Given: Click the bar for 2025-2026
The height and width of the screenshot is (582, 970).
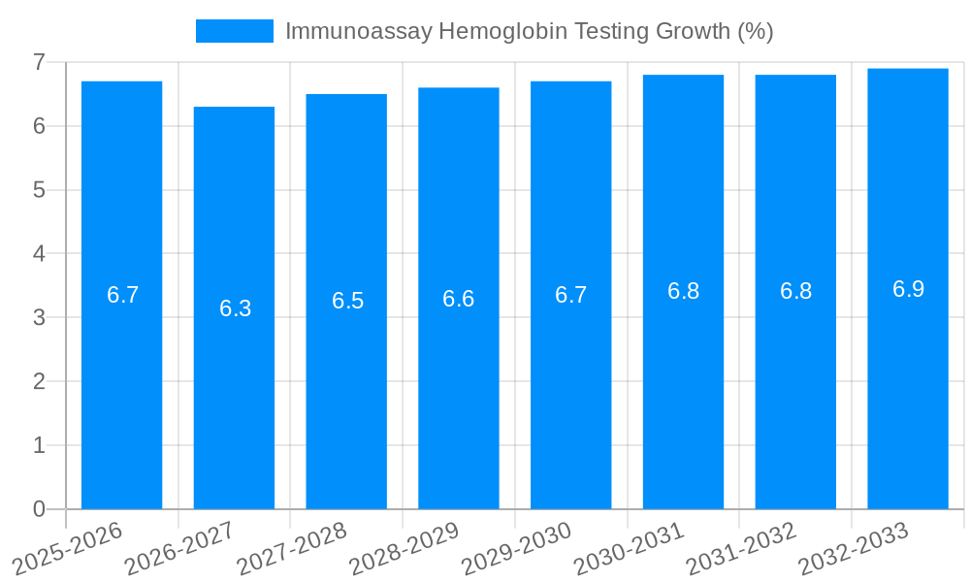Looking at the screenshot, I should coord(121,388).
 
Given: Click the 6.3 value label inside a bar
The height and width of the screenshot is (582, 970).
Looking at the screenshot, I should coord(235,308).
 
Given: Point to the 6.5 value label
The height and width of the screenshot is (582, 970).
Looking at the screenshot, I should coord(347,301).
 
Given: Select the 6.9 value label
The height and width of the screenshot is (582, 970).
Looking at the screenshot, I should coord(908,289).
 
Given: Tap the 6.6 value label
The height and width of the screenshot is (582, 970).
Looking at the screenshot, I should coord(459,299).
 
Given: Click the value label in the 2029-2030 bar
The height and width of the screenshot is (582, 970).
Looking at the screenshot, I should coord(571,295).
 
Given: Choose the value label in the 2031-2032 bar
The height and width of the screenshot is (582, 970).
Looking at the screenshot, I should coord(795,291).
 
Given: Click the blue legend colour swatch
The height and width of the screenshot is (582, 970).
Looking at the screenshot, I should coord(234,31).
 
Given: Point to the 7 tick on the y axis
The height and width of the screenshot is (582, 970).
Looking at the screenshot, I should coord(39,62).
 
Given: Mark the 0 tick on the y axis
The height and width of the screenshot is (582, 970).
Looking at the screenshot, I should coord(39,509).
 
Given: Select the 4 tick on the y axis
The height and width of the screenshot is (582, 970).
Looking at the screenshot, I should coord(39,254).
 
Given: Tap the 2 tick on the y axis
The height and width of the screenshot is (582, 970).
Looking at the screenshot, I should coord(39,381).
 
